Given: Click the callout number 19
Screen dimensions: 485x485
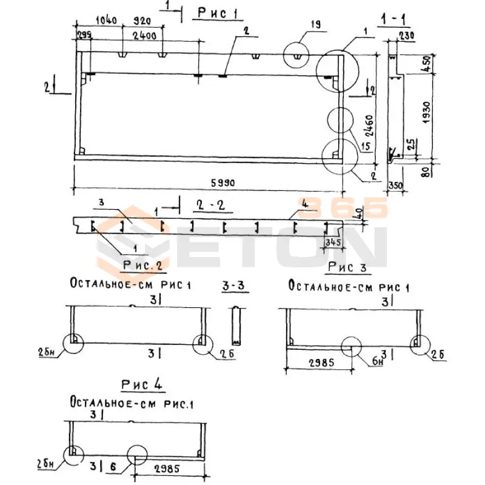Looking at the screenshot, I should (x=315, y=25).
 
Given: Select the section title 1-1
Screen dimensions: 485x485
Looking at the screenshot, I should (x=394, y=21).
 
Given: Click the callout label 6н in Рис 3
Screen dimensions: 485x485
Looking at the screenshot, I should (x=378, y=362).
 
